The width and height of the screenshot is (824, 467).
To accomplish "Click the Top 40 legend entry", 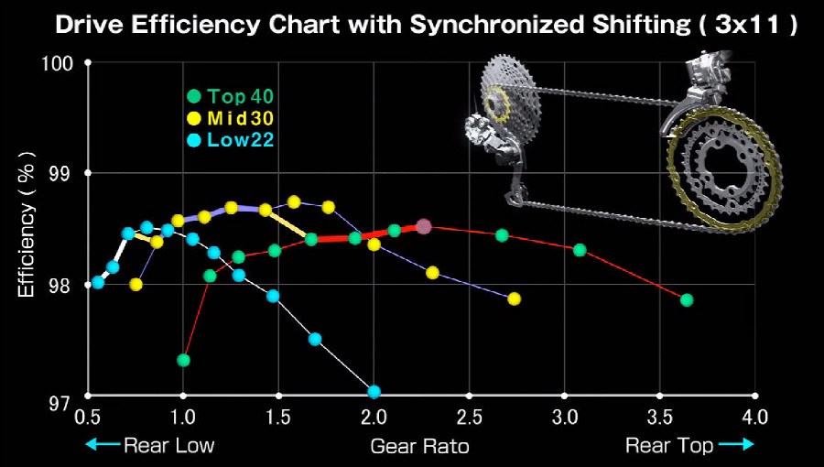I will [x=232, y=95].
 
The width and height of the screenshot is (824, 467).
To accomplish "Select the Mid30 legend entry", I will [x=232, y=118].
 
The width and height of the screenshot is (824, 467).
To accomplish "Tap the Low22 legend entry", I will [x=232, y=140].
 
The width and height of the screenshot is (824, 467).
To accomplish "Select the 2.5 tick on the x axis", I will [x=468, y=418].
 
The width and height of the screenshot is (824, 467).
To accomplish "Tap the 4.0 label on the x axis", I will [x=754, y=418].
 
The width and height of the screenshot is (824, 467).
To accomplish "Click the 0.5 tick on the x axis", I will [x=87, y=418].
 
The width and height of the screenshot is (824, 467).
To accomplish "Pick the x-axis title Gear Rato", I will [x=419, y=447].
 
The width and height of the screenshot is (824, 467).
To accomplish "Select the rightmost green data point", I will [x=687, y=299].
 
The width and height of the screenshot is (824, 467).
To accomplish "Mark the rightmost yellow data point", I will [x=514, y=299].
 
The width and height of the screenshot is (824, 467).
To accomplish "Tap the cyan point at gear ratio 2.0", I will [x=374, y=391].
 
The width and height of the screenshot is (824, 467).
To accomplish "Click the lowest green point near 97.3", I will [x=183, y=360].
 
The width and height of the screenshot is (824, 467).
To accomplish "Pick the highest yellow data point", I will [x=294, y=201].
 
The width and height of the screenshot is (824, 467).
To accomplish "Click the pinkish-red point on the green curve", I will [x=423, y=226].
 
